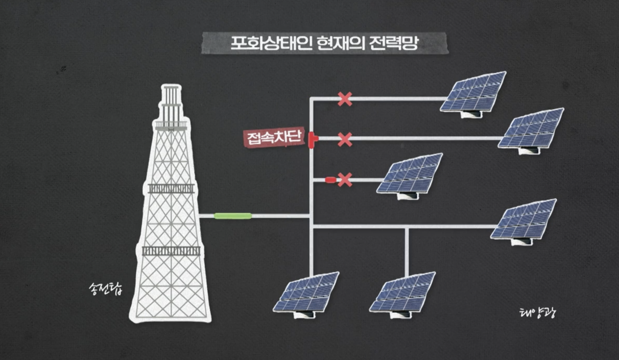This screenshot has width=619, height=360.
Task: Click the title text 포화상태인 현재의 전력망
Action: [325, 43]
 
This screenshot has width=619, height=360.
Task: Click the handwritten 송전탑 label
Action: [105, 289]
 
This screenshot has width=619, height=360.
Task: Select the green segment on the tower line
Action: [233, 216]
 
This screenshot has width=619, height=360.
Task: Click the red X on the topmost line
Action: [345, 99]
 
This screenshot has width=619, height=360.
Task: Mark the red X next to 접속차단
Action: [345, 139]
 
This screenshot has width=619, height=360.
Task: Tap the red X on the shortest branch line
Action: [345, 180]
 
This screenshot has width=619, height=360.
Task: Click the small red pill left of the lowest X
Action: [331, 180]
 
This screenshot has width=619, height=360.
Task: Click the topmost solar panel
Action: [473, 93]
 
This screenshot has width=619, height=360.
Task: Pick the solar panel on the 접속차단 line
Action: [531, 130]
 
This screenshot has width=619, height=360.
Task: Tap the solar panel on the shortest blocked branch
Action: [410, 176]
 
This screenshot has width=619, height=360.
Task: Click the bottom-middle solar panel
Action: [403, 294]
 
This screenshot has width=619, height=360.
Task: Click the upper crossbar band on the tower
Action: [171, 188]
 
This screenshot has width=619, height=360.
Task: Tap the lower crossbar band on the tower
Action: [171, 251]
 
